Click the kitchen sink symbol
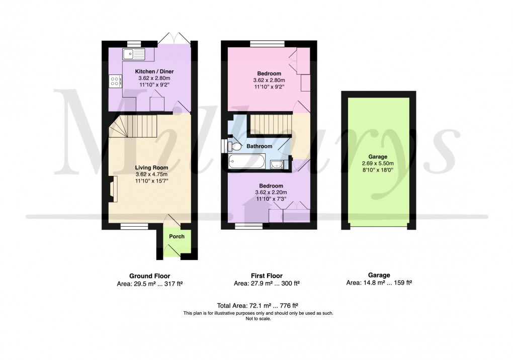pos(133,52)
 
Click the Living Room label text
pos(151,167)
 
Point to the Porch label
pos(177,236)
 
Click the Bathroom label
pos(259,146)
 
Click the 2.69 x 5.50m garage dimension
pos(377,163)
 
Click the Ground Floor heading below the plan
pos(150,276)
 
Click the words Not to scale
pos(259,319)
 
